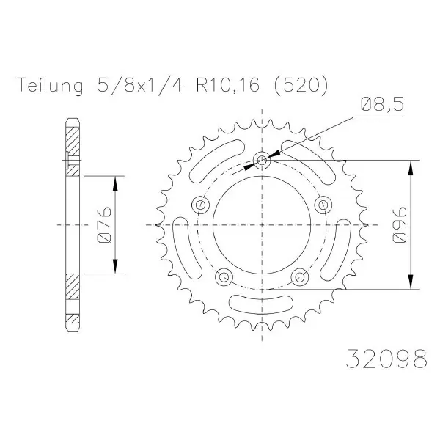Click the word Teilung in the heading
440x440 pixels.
pyautogui.click(x=50, y=85)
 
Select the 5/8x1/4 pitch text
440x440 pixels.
pyautogui.click(x=140, y=85)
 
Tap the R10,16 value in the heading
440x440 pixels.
pyautogui.click(x=227, y=85)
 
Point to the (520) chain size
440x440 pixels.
pyautogui.click(x=301, y=85)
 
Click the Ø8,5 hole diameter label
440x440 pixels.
pyautogui.click(x=382, y=105)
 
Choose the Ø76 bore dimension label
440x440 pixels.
pyautogui.click(x=104, y=225)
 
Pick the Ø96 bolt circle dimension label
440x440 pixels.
pyautogui.click(x=399, y=224)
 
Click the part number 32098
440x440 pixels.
pyautogui.click(x=386, y=359)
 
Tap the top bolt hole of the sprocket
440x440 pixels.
pyautogui.click(x=262, y=160)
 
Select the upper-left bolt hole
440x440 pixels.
pyautogui.click(x=200, y=205)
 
